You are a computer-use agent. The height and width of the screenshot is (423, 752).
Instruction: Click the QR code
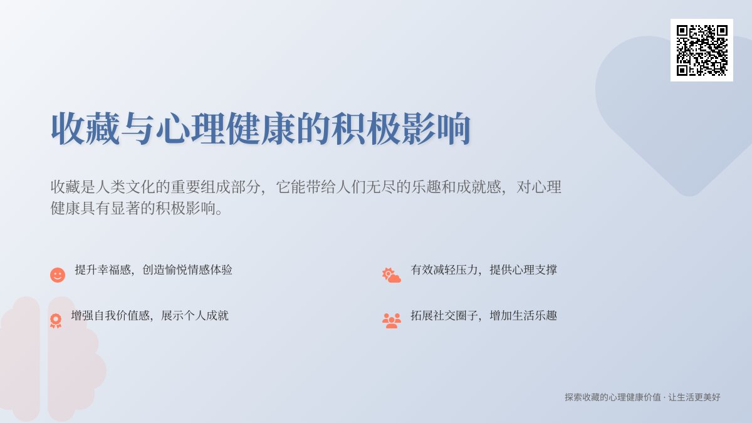(x=702, y=50)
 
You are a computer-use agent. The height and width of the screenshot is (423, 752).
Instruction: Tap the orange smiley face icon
(x=58, y=275)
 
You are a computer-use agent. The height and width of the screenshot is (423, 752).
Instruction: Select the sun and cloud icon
(x=392, y=275)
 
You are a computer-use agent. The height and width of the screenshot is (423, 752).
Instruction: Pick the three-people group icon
(x=392, y=321)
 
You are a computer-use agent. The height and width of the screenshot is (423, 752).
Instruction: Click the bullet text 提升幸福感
(x=103, y=270)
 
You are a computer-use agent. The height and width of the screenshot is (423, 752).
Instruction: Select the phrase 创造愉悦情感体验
(x=187, y=270)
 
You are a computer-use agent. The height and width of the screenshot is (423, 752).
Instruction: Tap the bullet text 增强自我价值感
(x=110, y=316)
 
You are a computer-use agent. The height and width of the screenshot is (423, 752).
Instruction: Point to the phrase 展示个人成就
(x=195, y=316)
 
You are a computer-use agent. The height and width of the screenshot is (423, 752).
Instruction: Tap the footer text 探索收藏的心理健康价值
(x=612, y=397)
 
